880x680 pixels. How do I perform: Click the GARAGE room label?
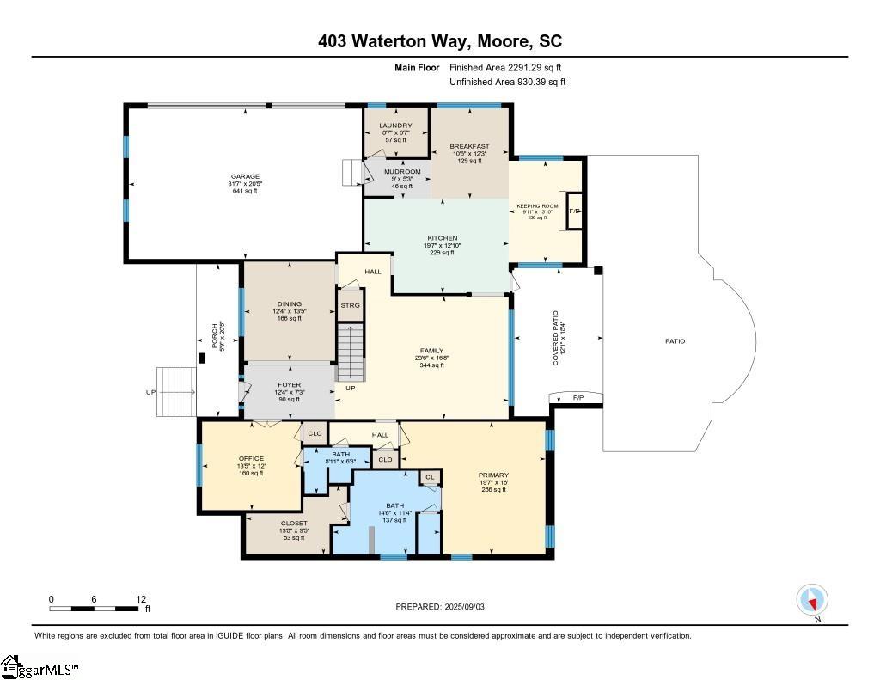coord(245,177)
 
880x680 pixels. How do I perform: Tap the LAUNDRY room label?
coord(395,126)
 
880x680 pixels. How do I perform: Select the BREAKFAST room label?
coord(470,146)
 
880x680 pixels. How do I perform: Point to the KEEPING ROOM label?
coord(537,207)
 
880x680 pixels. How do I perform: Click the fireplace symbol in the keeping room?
coord(574,211)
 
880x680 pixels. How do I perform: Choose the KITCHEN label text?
coord(443,238)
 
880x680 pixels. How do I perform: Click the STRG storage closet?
coord(350,305)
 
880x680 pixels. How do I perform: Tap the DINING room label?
coord(289,303)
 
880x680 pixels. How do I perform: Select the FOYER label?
coord(288,385)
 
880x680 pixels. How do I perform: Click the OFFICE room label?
coord(251,458)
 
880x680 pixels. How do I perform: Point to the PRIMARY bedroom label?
coord(493,475)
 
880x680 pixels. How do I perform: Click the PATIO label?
coord(675,341)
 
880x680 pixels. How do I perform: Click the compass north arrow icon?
coord(811,599)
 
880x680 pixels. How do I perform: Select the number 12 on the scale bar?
coord(141,599)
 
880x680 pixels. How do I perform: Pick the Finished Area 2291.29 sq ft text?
coord(506,67)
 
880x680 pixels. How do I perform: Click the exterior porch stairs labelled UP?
coord(176,392)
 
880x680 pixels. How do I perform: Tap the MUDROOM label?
coord(402,172)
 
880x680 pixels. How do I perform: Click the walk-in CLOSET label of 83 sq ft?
coord(293,523)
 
